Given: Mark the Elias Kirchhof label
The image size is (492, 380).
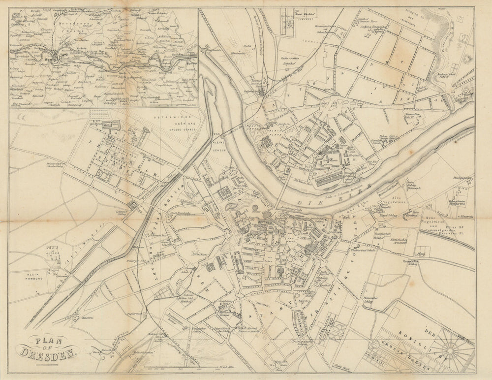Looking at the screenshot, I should point(412,213).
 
